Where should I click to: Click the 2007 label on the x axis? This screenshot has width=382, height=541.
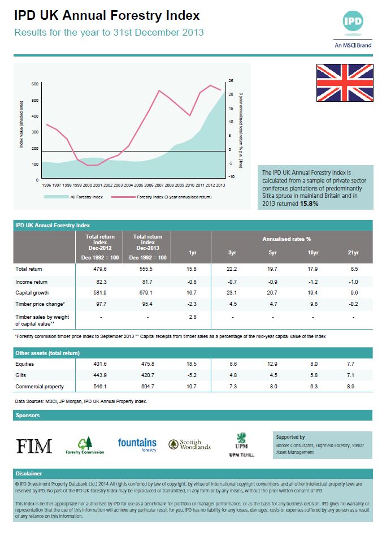[159, 185]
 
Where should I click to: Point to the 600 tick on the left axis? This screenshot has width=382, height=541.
[35, 84]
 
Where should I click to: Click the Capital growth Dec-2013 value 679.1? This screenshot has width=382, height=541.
[147, 292]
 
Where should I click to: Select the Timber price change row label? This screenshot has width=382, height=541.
[38, 304]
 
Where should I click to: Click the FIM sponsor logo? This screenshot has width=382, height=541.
[34, 445]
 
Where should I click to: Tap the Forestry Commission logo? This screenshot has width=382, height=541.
[85, 445]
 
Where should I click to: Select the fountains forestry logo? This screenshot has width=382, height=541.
[137, 444]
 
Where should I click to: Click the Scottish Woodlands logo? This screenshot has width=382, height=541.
[190, 445]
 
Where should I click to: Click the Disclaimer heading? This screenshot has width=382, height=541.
[29, 474]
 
